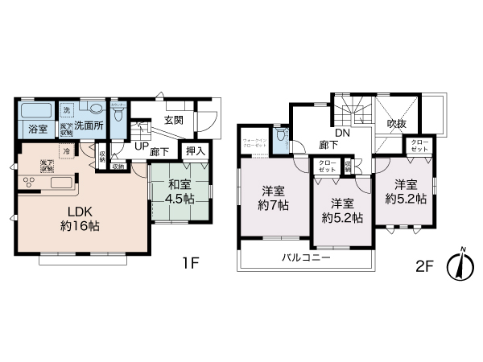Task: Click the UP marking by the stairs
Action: pos(141,147)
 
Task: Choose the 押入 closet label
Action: pos(196,149)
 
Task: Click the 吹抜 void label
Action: pos(397,124)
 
